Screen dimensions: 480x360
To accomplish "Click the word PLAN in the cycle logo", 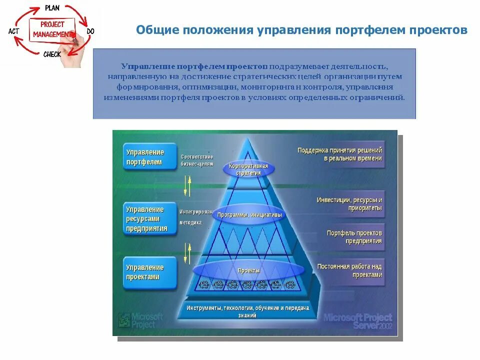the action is pyautogui.click(x=52, y=8).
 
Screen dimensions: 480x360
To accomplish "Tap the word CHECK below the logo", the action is pyautogui.click(x=52, y=54).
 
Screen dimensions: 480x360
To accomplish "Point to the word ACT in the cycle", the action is pyautogui.click(x=14, y=31).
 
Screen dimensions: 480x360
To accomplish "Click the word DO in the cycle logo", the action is pyautogui.click(x=90, y=31).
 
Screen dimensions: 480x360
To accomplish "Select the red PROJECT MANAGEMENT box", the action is pyautogui.click(x=52, y=29).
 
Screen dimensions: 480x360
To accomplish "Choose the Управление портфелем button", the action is pyautogui.click(x=149, y=157).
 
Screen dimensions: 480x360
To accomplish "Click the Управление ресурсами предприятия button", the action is pyautogui.click(x=149, y=219).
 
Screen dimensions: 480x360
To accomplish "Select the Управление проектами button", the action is pyautogui.click(x=149, y=272).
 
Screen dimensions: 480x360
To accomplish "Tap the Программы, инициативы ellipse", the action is pyautogui.click(x=248, y=215).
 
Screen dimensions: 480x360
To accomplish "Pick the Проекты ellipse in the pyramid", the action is pyautogui.click(x=248, y=270).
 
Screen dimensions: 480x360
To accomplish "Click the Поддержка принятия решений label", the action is pyautogui.click(x=340, y=154).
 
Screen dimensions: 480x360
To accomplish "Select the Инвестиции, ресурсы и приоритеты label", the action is pyautogui.click(x=349, y=204).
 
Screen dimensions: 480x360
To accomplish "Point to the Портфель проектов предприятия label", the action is pyautogui.click(x=354, y=236).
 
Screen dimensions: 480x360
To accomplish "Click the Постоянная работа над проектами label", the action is pyautogui.click(x=349, y=270).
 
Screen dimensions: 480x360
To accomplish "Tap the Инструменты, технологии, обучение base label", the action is pyautogui.click(x=248, y=311).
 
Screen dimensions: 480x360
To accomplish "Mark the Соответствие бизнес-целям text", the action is pyautogui.click(x=197, y=160).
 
